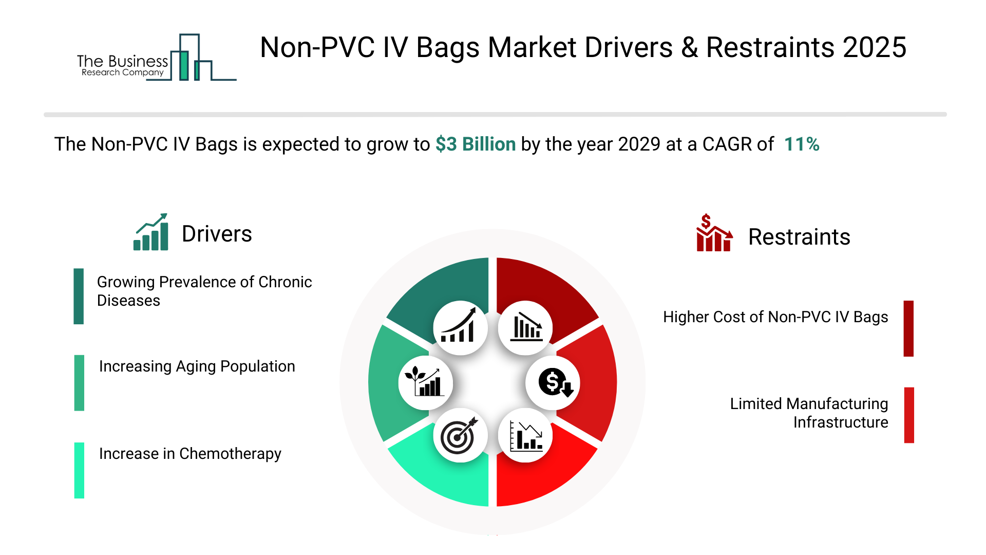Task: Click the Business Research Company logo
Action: click(157, 58)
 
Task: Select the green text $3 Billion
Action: click(476, 144)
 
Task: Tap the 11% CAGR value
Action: click(802, 144)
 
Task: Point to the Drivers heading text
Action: click(217, 234)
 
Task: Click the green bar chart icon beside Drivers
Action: click(151, 232)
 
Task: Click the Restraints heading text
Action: click(799, 237)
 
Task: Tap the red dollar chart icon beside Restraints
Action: click(714, 233)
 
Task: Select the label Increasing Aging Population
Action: click(197, 366)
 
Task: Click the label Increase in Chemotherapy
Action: click(190, 454)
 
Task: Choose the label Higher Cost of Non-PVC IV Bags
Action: click(775, 317)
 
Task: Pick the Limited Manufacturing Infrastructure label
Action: click(809, 413)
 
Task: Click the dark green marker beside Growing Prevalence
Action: click(79, 296)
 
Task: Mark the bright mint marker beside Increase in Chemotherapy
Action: click(79, 470)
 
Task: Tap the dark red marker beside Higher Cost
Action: click(908, 328)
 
